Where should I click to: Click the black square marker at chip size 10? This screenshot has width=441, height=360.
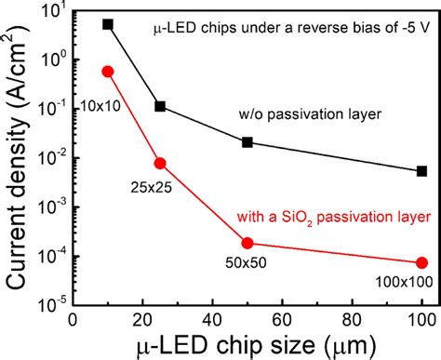click(x=108, y=24)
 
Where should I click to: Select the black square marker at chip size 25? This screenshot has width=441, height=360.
click(x=160, y=107)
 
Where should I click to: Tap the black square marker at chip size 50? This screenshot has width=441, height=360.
click(x=247, y=142)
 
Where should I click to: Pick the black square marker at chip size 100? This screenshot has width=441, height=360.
click(x=421, y=170)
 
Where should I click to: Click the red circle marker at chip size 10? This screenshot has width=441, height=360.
click(x=108, y=71)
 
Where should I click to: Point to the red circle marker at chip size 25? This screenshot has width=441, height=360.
click(x=160, y=163)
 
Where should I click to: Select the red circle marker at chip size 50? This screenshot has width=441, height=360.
click(x=247, y=243)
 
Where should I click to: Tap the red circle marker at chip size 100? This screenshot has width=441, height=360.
click(x=421, y=262)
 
